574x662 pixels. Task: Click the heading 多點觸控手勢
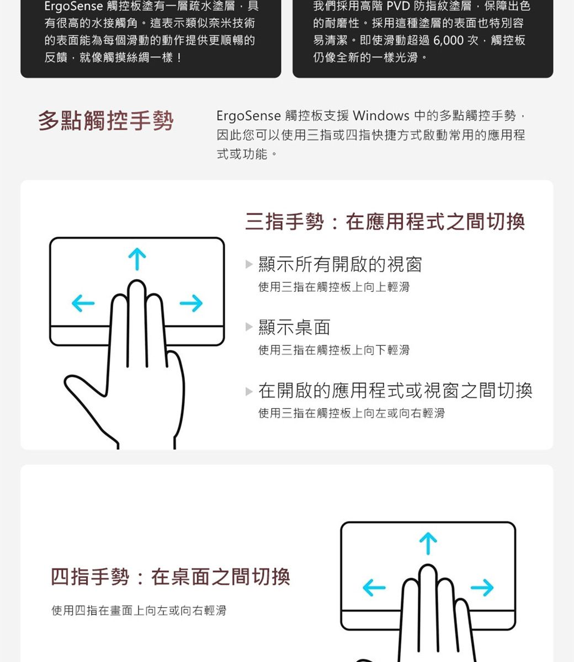pyautogui.click(x=105, y=121)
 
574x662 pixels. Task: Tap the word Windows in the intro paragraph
pyautogui.click(x=381, y=116)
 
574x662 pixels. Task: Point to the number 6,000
pyautogui.click(x=448, y=40)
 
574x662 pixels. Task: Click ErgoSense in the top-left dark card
pyautogui.click(x=73, y=7)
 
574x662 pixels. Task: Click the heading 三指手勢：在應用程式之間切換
pyautogui.click(x=385, y=222)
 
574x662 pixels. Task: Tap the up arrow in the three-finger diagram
pyautogui.click(x=137, y=259)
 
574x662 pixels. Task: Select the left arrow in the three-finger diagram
pyautogui.click(x=83, y=303)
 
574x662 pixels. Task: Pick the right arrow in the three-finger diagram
pyautogui.click(x=190, y=303)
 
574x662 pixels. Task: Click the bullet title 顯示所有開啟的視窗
pyautogui.click(x=341, y=265)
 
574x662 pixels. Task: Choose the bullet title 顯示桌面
pyautogui.click(x=295, y=328)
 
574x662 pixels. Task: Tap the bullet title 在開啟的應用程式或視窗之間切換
pyautogui.click(x=395, y=391)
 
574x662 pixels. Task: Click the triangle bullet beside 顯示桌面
pyautogui.click(x=249, y=327)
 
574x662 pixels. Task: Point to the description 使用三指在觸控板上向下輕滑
pyautogui.click(x=334, y=350)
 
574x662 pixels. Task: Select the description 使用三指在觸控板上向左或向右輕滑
pyautogui.click(x=352, y=413)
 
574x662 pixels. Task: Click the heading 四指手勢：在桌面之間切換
pyautogui.click(x=171, y=577)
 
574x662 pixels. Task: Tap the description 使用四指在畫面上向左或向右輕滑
pyautogui.click(x=139, y=611)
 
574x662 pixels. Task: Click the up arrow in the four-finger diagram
pyautogui.click(x=428, y=544)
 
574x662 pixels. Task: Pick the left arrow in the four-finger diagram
pyautogui.click(x=374, y=588)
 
